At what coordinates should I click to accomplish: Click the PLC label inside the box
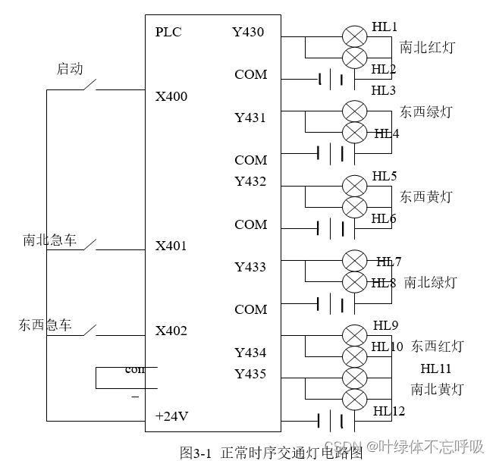point(168,32)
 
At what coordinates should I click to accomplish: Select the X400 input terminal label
point(171,97)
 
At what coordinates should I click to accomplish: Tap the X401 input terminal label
point(171,246)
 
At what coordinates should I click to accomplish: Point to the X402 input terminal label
point(171,331)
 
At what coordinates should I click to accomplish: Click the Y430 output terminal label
point(248,32)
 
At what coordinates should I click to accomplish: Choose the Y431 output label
point(250,118)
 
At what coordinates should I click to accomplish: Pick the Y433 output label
point(250,267)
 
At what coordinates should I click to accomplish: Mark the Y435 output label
point(250,374)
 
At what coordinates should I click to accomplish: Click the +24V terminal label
point(171,416)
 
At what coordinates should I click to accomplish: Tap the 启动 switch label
point(70,69)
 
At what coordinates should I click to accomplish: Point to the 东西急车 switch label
point(46,325)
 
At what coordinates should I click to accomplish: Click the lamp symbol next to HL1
point(354,36)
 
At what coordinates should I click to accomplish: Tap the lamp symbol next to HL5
point(354,186)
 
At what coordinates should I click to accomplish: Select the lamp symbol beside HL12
point(354,399)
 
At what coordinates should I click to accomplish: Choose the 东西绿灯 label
point(426,112)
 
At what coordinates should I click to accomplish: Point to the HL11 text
point(436,368)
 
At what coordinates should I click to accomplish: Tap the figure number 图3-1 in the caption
point(195,453)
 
